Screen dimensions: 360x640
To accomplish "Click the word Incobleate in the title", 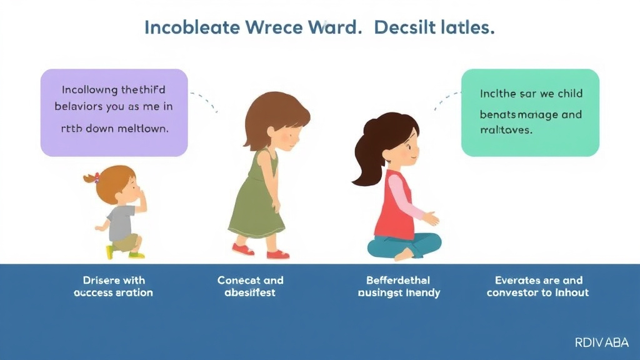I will (191, 29).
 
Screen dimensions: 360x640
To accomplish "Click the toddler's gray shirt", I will (121, 222).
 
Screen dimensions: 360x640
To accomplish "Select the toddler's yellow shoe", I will (110, 252).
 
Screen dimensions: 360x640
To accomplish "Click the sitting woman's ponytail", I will (365, 156).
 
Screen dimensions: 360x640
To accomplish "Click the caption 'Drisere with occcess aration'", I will (113, 286).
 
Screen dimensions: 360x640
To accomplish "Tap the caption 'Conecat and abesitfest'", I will (250, 286).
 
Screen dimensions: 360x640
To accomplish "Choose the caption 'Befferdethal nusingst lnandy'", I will (399, 286).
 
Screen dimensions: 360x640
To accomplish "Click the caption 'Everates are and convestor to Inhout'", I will (538, 286).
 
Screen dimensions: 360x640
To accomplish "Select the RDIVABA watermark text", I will (601, 342).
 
